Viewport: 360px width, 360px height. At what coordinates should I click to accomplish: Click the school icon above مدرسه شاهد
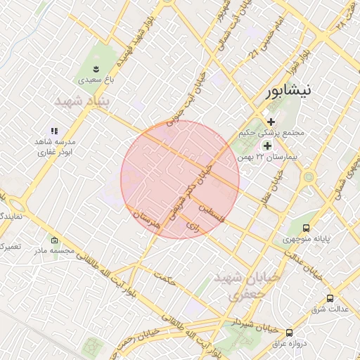coord(54,131)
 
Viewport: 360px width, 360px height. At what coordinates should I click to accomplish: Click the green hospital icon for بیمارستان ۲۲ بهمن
coord(266,145)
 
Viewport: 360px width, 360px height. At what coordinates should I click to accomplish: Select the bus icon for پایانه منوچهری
coord(306,228)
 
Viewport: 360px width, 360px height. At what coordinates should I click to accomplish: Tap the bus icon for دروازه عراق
coord(289,333)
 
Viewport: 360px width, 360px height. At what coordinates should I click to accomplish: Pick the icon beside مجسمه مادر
coord(55,240)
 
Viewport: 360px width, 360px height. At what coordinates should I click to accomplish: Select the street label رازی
coord(192,226)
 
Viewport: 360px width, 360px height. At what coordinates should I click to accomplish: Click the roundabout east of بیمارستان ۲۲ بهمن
coord(307,177)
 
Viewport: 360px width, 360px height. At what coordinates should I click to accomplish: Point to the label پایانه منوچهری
coord(307,240)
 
